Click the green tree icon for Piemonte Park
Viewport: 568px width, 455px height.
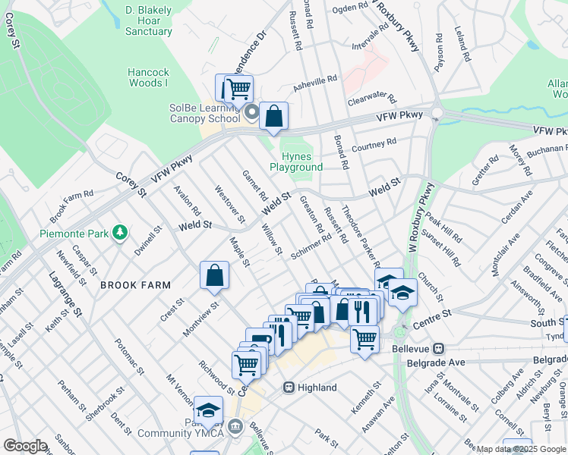click(118, 231)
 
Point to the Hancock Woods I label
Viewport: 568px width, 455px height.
click(148, 78)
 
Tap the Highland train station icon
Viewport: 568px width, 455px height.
click(289, 388)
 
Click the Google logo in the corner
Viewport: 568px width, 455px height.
click(25, 446)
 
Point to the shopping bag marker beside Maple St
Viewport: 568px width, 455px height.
click(215, 276)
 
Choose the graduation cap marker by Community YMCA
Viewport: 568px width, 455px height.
click(208, 410)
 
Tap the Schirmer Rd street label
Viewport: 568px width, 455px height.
click(312, 246)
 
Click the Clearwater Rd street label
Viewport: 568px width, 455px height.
click(372, 99)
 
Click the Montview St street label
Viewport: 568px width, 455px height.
click(200, 312)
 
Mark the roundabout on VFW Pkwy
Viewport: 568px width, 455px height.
click(437, 113)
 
